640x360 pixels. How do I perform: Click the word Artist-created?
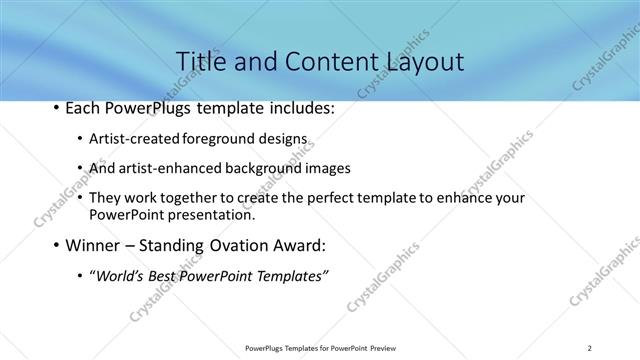click(130, 138)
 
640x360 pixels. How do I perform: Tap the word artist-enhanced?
click(168, 168)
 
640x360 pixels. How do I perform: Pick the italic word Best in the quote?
click(171, 275)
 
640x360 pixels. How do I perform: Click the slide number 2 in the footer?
click(590, 347)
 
